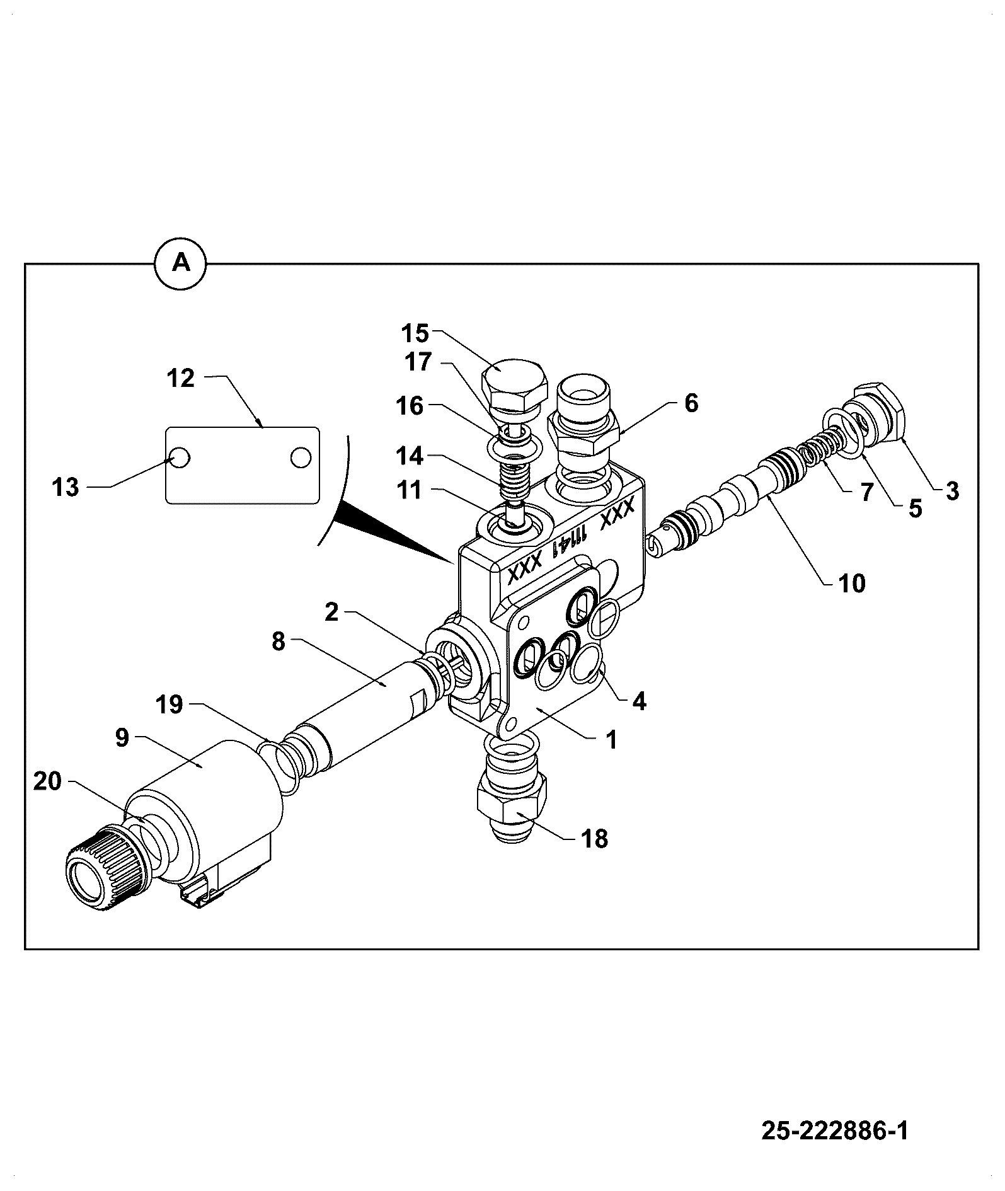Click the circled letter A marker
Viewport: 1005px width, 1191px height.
pos(181,263)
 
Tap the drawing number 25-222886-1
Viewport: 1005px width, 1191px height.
pos(835,1131)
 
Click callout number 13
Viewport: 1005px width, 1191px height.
pos(66,486)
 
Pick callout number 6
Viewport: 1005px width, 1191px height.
pos(691,403)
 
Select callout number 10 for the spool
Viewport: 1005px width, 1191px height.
pos(851,584)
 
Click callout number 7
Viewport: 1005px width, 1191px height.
pos(867,492)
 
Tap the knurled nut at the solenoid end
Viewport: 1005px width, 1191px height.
pos(101,869)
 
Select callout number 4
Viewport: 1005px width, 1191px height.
pos(640,701)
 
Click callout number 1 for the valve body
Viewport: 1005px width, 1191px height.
pos(611,739)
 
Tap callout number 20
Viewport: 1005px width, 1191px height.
pos(47,781)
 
